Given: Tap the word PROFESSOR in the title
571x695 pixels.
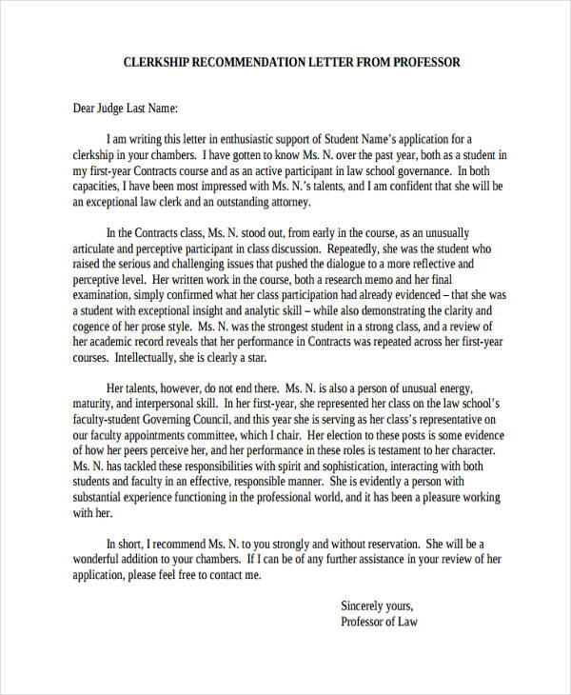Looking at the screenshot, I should click(425, 63).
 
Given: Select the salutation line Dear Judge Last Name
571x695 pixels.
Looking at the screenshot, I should click(126, 109).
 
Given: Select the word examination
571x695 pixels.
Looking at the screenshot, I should click(105, 295).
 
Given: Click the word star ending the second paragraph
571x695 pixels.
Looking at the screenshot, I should click(256, 359).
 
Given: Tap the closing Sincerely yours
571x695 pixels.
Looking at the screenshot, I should click(377, 606).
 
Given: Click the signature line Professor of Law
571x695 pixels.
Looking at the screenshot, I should click(379, 623).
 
